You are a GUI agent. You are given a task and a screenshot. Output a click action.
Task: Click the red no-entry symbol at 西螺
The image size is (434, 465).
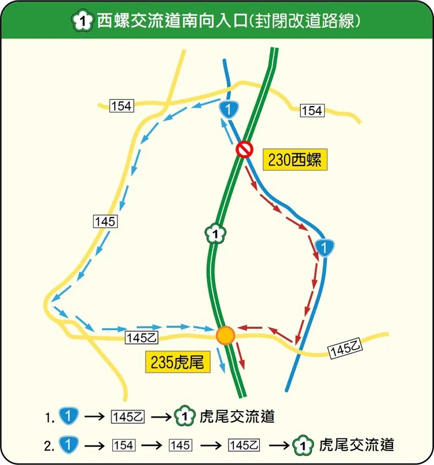245,149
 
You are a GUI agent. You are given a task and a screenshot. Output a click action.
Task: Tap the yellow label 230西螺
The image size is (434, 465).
295,160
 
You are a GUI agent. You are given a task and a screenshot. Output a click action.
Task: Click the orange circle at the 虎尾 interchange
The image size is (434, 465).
225,335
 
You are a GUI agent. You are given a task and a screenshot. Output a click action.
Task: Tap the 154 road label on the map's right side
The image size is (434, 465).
312,111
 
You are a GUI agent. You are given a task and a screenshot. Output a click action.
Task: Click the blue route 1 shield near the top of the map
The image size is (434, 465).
230,108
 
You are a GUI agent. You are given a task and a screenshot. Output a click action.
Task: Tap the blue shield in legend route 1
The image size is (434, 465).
68,416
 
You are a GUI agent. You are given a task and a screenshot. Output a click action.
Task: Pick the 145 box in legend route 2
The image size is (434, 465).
180,445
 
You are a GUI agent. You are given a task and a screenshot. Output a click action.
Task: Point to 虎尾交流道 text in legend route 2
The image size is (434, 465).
356,445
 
